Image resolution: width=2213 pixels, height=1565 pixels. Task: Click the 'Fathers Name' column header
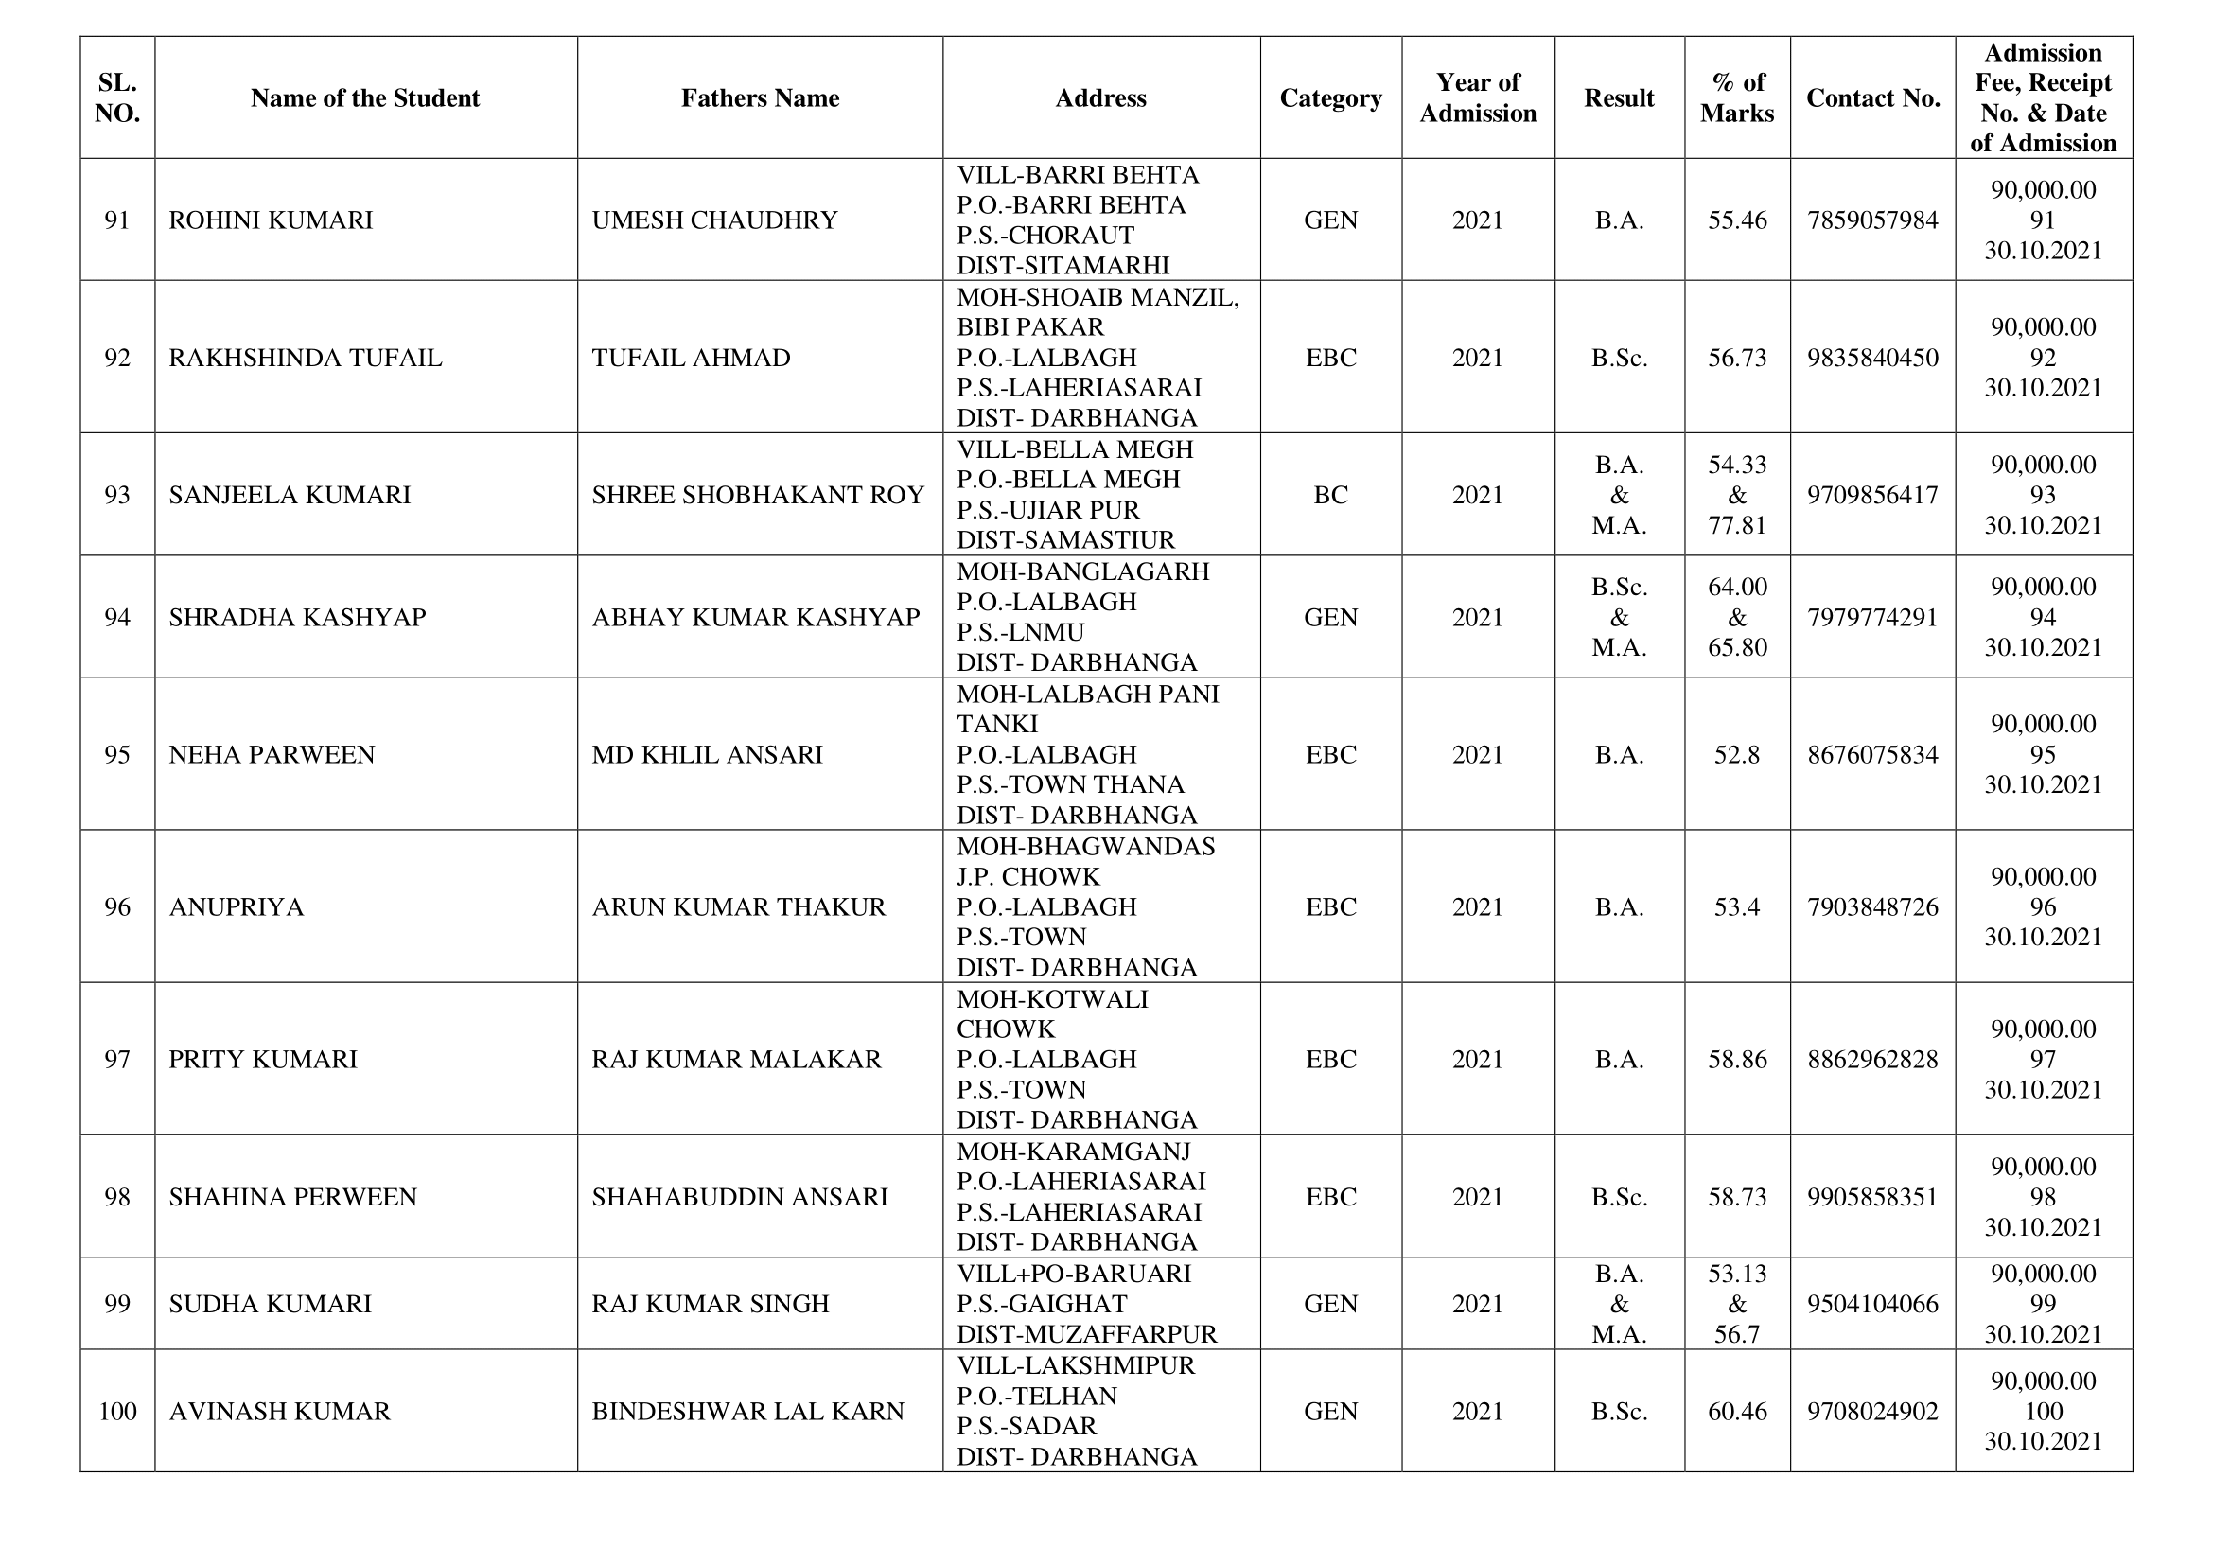[x=760, y=98]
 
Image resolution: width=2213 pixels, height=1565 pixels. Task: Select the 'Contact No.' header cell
[x=1872, y=98]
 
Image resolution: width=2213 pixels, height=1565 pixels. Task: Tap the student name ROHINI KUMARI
[x=271, y=220]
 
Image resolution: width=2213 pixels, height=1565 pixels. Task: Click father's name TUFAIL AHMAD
[x=691, y=358]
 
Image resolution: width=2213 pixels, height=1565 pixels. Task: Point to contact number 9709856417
[x=1872, y=495]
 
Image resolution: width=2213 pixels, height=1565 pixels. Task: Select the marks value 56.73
[x=1737, y=358]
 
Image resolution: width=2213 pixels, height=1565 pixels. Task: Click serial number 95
[x=116, y=754]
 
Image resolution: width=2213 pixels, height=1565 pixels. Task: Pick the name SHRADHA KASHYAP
[x=297, y=618]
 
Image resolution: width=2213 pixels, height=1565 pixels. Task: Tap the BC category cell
[x=1330, y=495]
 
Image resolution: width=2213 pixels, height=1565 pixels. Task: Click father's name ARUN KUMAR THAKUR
[x=738, y=906]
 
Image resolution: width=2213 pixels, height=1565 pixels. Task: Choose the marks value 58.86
[x=1737, y=1060]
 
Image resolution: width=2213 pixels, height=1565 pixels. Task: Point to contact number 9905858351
[x=1872, y=1197]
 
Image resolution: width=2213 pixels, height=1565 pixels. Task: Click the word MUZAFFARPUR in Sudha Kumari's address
[x=1124, y=1334]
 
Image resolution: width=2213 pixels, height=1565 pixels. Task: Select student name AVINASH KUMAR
[x=279, y=1412]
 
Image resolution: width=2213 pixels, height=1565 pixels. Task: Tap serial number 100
[x=116, y=1412]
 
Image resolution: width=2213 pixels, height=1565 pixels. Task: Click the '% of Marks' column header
[x=1737, y=98]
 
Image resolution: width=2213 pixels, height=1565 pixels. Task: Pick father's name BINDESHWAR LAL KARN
[x=748, y=1412]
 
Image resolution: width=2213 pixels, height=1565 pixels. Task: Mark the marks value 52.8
[x=1737, y=754]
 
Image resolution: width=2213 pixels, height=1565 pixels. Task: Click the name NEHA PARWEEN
[x=272, y=754]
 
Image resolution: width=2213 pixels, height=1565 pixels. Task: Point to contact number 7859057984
[x=1872, y=220]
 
